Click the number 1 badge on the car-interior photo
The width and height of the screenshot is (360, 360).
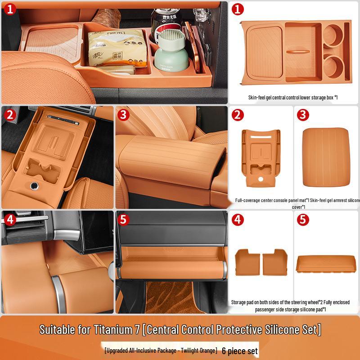point(10,9)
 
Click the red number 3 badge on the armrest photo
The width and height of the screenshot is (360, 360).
point(124,114)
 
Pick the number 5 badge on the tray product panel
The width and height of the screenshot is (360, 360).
point(303,220)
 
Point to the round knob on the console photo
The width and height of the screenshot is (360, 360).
point(34,185)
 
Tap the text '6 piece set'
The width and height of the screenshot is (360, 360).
point(240,350)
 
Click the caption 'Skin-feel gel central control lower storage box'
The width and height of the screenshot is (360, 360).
point(292,97)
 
